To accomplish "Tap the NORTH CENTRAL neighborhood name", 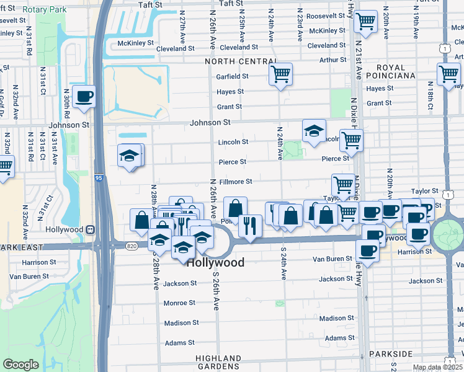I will pyautogui.click(x=241, y=61).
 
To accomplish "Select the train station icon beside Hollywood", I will pyautogui.click(x=91, y=229).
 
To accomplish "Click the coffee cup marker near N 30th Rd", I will pyautogui.click(x=84, y=96).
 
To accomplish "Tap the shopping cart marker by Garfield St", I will pyautogui.click(x=280, y=74).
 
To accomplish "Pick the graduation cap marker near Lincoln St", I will pyautogui.click(x=314, y=130).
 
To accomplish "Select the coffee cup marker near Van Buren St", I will pyautogui.click(x=367, y=250).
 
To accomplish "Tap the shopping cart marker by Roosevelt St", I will pyautogui.click(x=366, y=21).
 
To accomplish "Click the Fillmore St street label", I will pyautogui.click(x=235, y=182).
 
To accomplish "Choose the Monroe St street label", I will pyautogui.click(x=179, y=303).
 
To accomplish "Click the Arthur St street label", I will pyautogui.click(x=332, y=60).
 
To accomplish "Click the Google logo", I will pyautogui.click(x=20, y=365).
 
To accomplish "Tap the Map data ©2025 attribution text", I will pyautogui.click(x=437, y=368).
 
